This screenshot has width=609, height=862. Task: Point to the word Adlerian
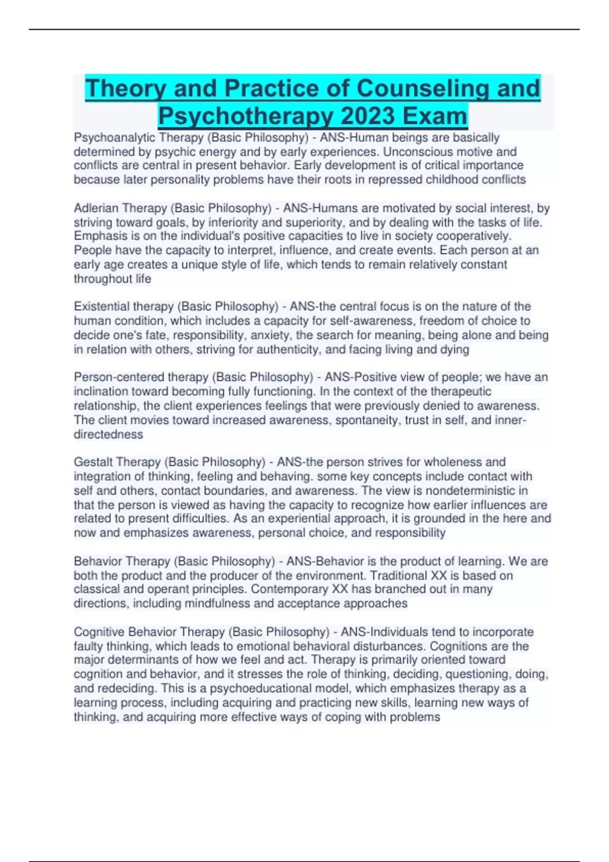(96, 208)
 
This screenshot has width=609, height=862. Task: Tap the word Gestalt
(93, 462)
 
